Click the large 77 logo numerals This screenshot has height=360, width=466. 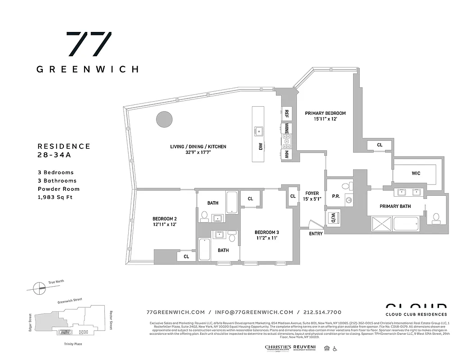click(x=89, y=44)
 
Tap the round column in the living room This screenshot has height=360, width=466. click(x=164, y=119)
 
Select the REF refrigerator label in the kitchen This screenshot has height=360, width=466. click(x=287, y=114)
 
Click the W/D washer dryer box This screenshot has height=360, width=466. click(x=334, y=218)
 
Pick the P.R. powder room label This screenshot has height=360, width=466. click(x=336, y=196)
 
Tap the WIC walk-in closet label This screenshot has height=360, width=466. click(x=416, y=173)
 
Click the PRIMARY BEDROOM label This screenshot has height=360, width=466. click(x=325, y=113)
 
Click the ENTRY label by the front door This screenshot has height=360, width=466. click(x=316, y=234)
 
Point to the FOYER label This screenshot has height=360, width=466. click(x=312, y=193)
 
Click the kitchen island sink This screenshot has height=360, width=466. click(x=259, y=131)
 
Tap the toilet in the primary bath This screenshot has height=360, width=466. click(x=435, y=218)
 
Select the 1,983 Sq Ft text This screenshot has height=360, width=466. click(x=55, y=197)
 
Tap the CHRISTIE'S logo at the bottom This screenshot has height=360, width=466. click(x=278, y=348)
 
